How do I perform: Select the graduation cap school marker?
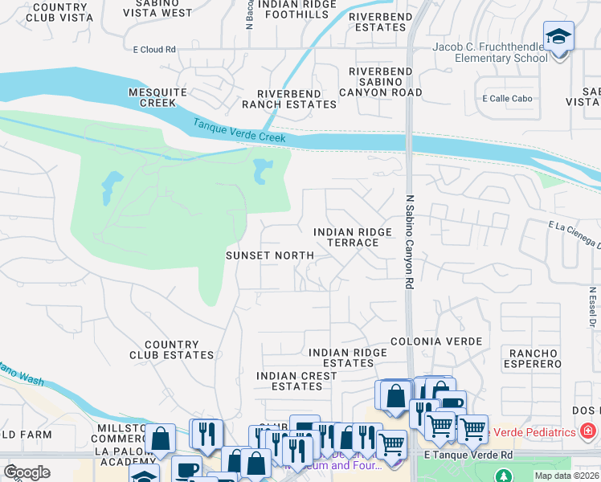coord(558,37)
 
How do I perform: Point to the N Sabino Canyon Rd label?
coord(409,242)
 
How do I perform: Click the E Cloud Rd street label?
coord(154,50)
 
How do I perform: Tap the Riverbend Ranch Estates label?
coord(279,99)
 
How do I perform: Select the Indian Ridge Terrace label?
coord(353,237)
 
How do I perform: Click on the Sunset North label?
coord(268,255)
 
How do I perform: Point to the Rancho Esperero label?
coord(534,358)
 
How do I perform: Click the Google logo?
coord(27,472)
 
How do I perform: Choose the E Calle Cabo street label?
coord(507,99)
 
